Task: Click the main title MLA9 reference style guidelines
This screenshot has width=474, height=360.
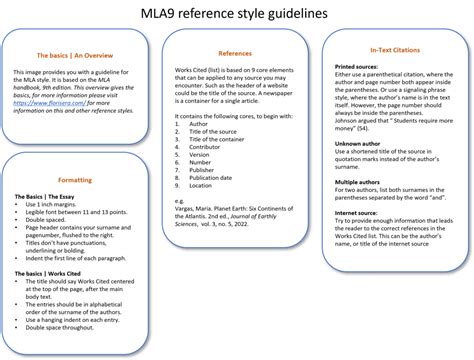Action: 237,13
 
